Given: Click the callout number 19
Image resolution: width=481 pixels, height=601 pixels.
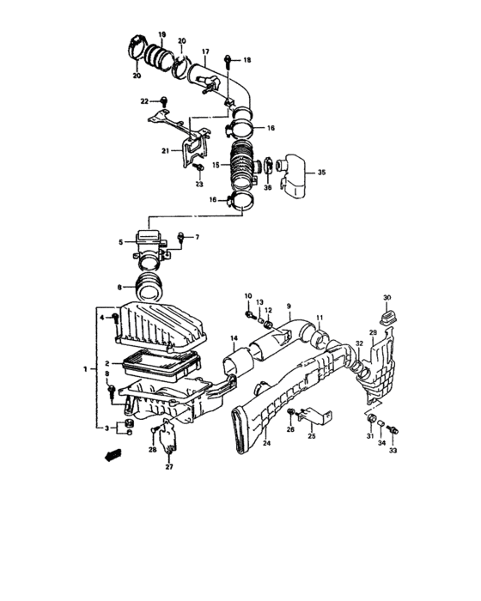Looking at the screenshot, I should point(161,33).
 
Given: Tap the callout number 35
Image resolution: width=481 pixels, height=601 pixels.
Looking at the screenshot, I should point(322,173).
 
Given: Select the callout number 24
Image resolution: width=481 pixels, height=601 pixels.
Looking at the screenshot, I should point(265,444).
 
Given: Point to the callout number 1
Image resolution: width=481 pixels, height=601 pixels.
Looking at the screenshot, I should point(84,368).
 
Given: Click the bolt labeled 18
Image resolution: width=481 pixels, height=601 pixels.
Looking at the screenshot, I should point(228,59).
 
